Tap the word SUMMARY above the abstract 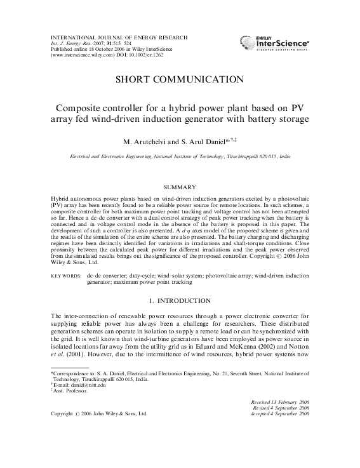pyautogui.click(x=180, y=187)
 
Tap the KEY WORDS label pyautogui.click(x=65, y=277)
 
